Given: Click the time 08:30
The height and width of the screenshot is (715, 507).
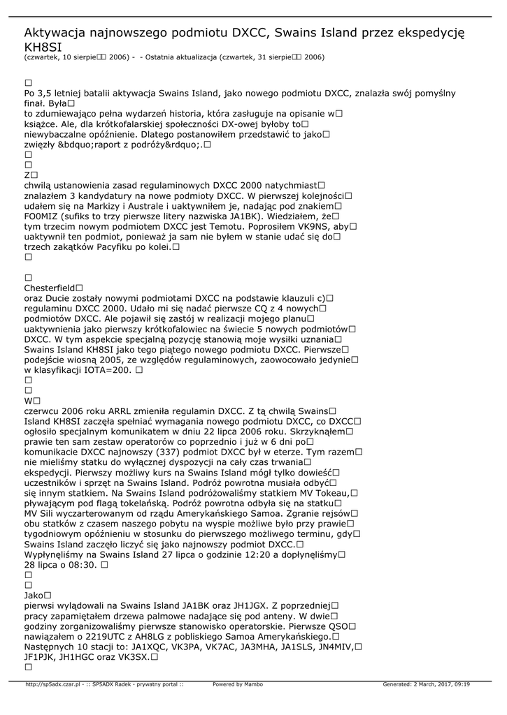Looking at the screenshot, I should click(x=79, y=565).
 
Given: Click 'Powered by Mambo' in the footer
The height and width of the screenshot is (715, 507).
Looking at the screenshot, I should click(x=238, y=684).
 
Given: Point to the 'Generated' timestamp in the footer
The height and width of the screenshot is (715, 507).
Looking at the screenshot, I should click(x=426, y=684).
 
